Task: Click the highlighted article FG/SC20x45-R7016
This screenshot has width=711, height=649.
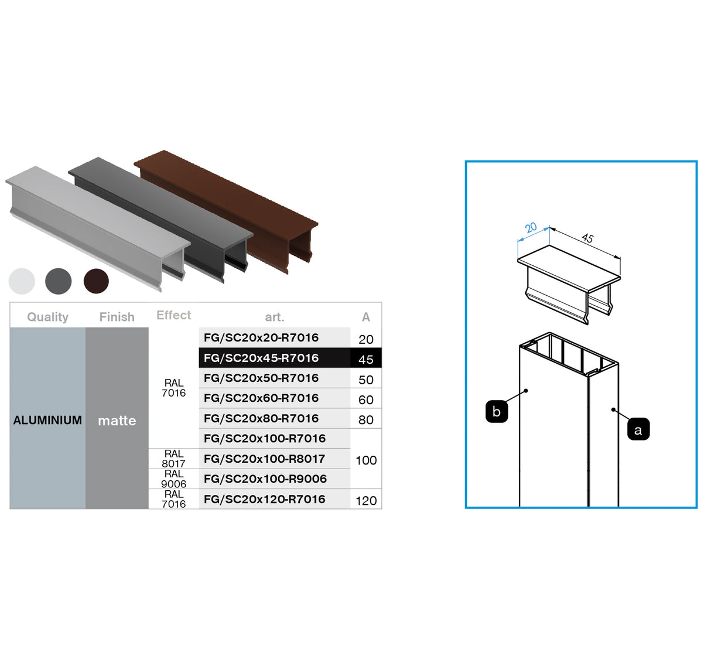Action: tap(261, 358)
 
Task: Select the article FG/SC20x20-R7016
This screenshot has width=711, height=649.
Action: tap(261, 337)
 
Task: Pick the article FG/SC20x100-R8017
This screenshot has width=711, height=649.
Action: tap(264, 459)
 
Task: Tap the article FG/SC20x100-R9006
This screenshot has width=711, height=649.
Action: tap(265, 479)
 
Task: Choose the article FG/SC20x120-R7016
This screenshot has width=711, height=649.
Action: tap(264, 499)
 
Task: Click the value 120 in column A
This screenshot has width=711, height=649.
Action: tap(366, 501)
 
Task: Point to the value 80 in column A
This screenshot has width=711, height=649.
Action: tap(366, 420)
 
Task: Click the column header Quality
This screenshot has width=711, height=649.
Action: tap(47, 317)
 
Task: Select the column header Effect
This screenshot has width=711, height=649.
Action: tap(173, 315)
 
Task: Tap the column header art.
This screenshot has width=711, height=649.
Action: tap(274, 317)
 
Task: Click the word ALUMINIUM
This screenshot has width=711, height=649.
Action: tap(47, 420)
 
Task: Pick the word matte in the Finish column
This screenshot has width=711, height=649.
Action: tap(117, 421)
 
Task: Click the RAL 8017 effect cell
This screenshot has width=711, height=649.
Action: tap(173, 459)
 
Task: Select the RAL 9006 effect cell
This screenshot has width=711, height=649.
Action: tap(173, 479)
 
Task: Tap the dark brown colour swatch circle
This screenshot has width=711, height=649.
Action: tap(96, 281)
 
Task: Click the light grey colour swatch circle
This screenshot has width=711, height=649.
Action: tap(22, 281)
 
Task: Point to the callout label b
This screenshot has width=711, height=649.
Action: tap(497, 411)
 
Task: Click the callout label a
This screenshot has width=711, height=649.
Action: tap(638, 429)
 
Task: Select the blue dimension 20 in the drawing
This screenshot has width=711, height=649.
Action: tap(531, 227)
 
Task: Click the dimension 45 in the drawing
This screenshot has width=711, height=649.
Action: tap(587, 238)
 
